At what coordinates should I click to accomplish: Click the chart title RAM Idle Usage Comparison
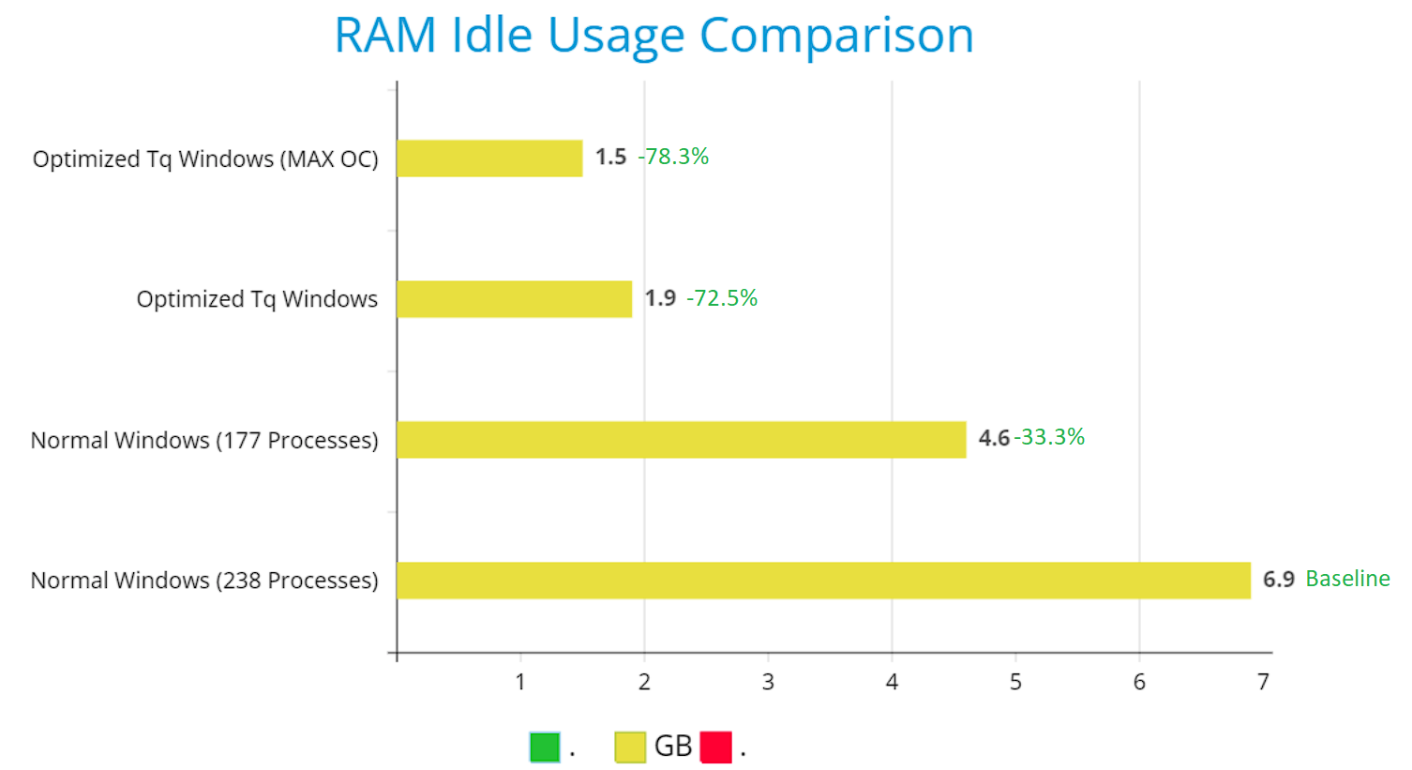[653, 36]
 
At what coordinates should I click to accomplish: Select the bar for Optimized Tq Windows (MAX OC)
[489, 158]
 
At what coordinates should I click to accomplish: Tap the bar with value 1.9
[514, 299]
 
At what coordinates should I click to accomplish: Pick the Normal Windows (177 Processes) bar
[681, 440]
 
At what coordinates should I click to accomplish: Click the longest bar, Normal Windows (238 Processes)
[823, 581]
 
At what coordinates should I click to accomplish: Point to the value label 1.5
[610, 157]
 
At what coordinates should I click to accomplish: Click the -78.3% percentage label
[673, 157]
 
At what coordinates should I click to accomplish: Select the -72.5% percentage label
[722, 298]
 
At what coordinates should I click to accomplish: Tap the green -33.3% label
[1049, 437]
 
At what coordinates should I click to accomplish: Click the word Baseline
[1347, 579]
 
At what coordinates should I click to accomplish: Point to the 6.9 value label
[1278, 580]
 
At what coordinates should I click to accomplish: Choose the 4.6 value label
[994, 438]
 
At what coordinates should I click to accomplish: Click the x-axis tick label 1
[520, 682]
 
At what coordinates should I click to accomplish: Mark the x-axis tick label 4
[892, 682]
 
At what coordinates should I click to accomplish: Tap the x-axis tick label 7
[1263, 682]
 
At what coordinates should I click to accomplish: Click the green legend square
[545, 747]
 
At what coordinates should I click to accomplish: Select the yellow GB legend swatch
[630, 747]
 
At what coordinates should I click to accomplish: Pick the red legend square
[715, 747]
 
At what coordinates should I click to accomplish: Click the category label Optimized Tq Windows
[257, 299]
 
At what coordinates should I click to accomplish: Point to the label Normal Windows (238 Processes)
[204, 581]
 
